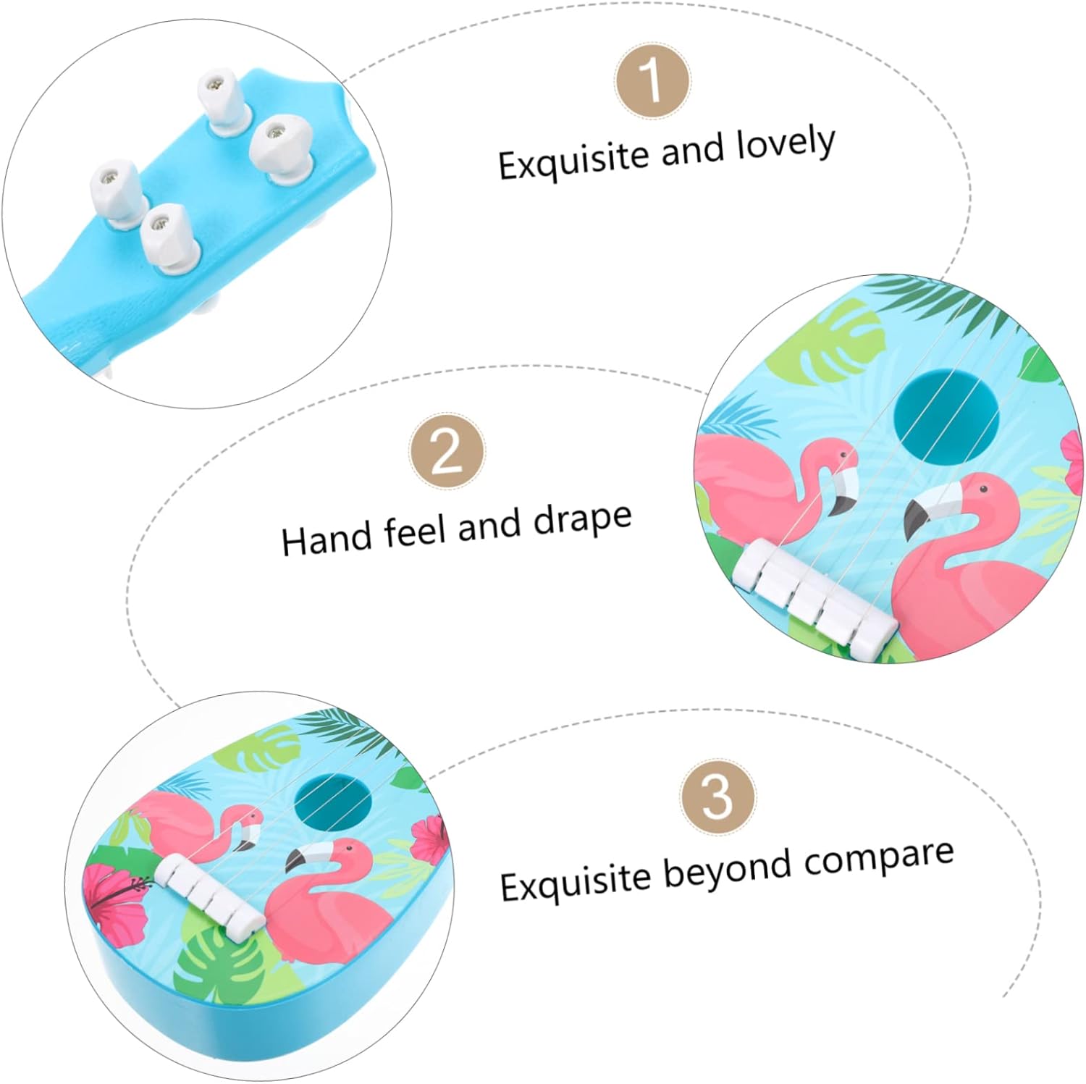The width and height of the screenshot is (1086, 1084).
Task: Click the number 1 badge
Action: [x=652, y=80]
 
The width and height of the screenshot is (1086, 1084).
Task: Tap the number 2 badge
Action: [x=447, y=451]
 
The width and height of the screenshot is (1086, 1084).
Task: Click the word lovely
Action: [x=786, y=145]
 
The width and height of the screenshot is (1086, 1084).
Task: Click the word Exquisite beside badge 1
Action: [x=573, y=159]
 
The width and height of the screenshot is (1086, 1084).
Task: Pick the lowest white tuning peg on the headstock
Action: [x=168, y=238]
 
